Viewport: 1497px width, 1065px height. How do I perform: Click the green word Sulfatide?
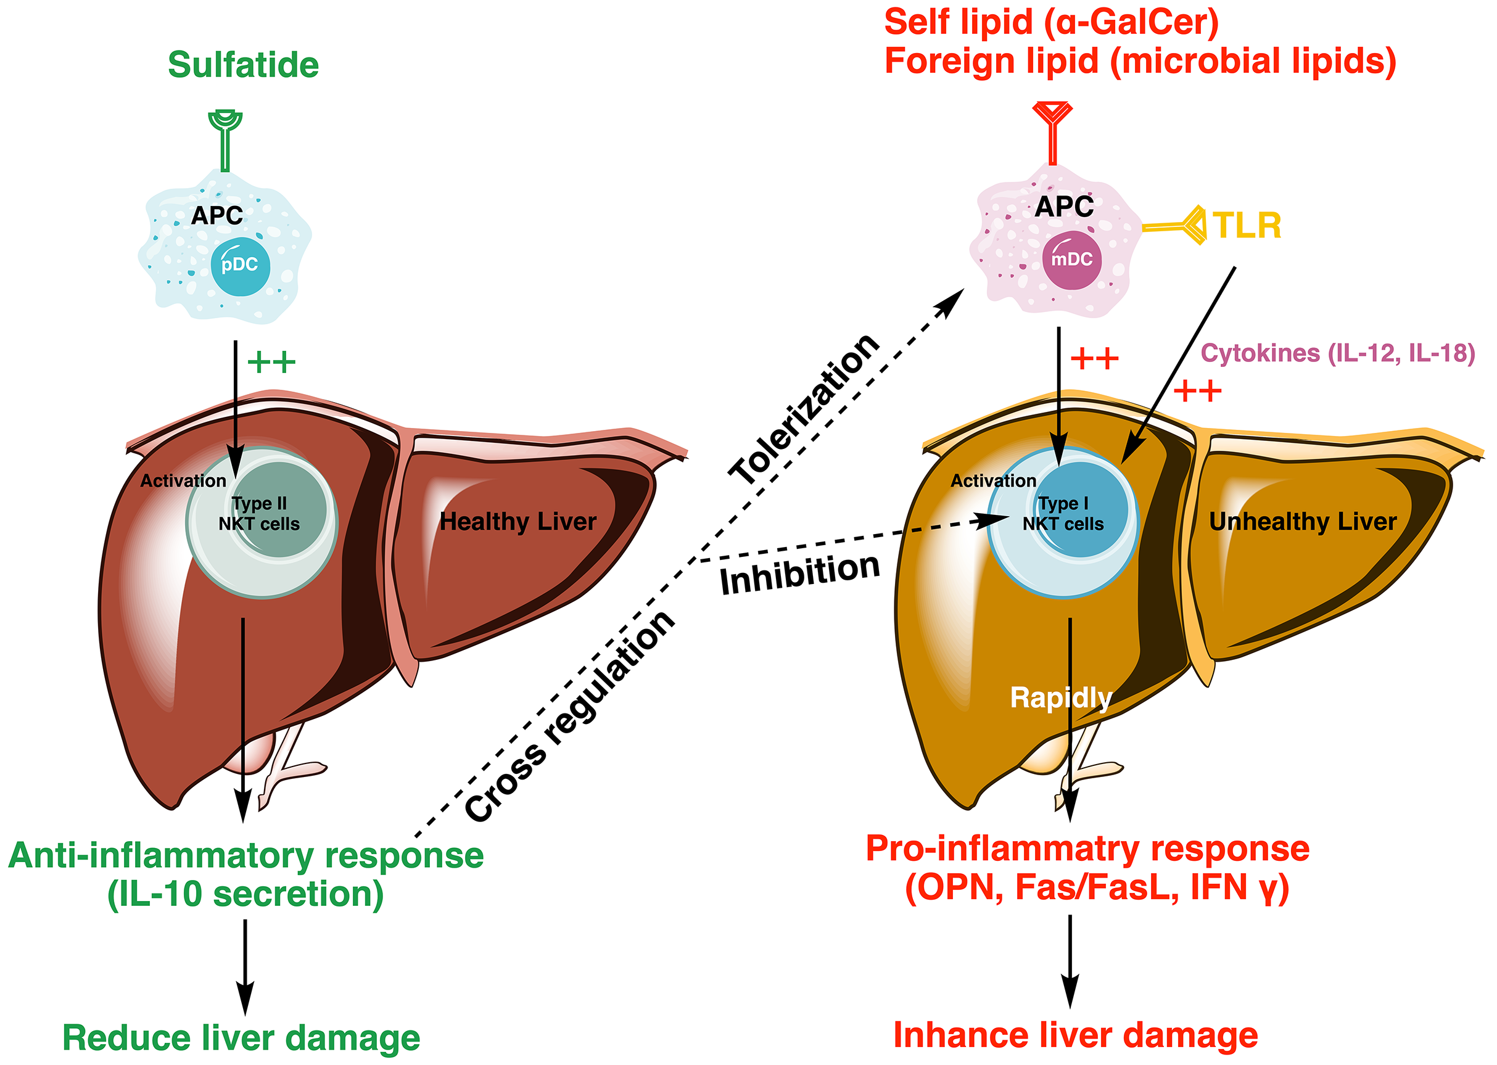click(x=244, y=65)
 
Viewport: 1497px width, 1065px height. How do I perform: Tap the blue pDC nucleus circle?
click(x=240, y=266)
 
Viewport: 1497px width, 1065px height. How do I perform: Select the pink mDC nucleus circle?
click(x=1071, y=259)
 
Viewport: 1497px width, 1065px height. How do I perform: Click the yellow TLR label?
click(x=1247, y=226)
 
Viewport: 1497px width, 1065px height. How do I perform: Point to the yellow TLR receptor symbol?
click(x=1181, y=226)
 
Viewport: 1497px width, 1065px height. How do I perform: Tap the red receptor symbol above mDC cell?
click(x=1052, y=131)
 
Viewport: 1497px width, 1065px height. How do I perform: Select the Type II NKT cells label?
click(x=260, y=514)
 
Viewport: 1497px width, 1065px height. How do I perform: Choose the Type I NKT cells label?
click(x=1063, y=514)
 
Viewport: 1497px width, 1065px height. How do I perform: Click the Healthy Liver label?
click(x=518, y=522)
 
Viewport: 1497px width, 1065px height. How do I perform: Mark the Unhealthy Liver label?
click(x=1303, y=522)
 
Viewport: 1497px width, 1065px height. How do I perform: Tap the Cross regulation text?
click(x=569, y=716)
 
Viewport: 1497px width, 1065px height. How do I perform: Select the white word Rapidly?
click(x=1060, y=697)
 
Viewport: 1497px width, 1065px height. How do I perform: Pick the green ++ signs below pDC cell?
click(x=271, y=361)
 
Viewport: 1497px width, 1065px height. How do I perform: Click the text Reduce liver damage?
click(x=241, y=1038)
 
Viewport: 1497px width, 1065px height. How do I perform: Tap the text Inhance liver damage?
click(x=1075, y=1035)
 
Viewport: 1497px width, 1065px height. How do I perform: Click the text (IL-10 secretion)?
click(x=245, y=894)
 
